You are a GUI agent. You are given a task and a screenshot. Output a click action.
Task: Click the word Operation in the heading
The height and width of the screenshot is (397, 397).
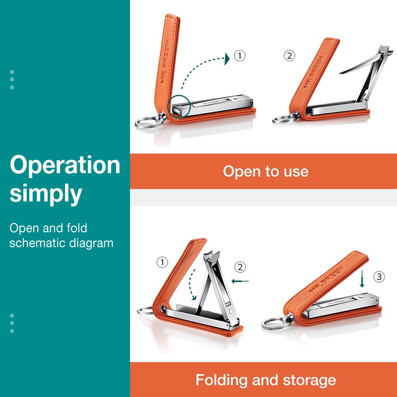(x=65, y=166)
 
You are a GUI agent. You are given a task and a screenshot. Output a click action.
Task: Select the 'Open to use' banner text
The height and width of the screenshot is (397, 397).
(x=265, y=172)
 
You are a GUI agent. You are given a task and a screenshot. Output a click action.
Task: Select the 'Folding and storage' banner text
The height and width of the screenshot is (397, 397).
(x=265, y=380)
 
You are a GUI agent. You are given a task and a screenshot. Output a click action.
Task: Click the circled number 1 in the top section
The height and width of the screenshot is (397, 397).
(x=240, y=56)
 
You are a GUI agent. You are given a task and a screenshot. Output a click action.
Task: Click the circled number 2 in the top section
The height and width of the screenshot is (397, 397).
(x=289, y=56)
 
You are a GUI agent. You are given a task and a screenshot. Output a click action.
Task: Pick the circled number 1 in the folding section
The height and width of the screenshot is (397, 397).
(x=162, y=263)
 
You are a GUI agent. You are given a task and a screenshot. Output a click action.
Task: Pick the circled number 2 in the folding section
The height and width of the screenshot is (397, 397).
(x=240, y=267)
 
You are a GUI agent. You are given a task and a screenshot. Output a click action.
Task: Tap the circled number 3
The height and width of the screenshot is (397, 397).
(x=379, y=276)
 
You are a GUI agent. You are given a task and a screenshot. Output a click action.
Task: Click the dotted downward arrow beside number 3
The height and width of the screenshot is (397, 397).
(x=362, y=279)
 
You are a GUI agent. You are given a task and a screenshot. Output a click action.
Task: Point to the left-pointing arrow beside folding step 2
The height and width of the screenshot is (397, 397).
(x=240, y=281)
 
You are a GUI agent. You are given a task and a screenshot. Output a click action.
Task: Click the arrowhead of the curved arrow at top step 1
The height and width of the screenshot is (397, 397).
(x=227, y=59)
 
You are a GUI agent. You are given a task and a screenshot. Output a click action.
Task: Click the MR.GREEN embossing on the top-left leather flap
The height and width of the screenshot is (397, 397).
(x=165, y=62)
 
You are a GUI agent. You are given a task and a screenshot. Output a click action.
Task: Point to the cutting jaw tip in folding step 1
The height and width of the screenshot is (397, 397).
(x=211, y=254)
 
